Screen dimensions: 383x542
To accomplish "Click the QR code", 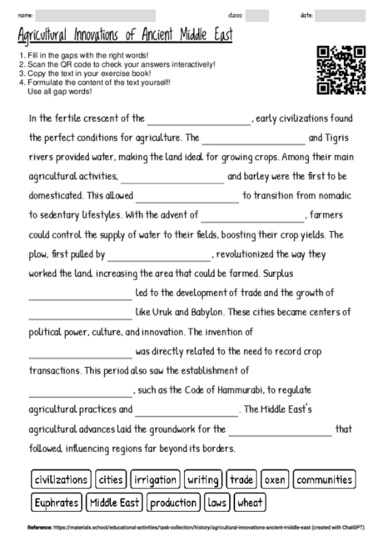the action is point(341,70).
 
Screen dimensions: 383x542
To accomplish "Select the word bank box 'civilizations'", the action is point(60,480).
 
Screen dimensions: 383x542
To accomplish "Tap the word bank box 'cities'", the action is point(111,480).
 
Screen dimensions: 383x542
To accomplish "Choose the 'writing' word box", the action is point(203,480).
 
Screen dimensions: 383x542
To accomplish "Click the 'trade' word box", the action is point(241,480).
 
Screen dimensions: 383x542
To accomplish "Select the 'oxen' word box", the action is point(275,480).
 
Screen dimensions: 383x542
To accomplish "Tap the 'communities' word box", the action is point(325,480).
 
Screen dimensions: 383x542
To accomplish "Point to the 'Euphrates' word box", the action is point(57,503).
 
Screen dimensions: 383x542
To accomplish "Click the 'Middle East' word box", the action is point(116,503).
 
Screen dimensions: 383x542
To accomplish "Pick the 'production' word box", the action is point(174,503).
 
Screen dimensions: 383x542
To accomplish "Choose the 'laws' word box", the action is point(216,503).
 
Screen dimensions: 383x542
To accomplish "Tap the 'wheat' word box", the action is point(250,503).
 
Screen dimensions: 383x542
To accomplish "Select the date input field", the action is point(340,15).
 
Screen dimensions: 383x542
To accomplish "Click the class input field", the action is point(256,15).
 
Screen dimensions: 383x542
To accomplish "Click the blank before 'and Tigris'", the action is point(253,138).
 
